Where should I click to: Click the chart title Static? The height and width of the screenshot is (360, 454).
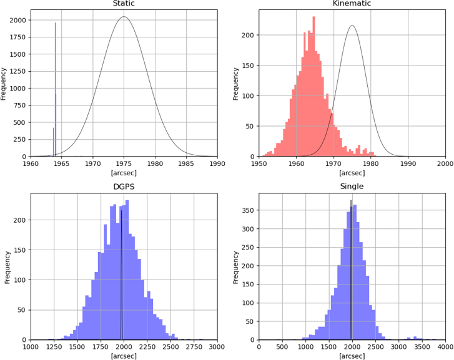124,4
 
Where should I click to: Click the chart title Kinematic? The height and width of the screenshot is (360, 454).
352,4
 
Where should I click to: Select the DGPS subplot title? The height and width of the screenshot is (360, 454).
124,187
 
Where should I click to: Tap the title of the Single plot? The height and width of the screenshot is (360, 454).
352,187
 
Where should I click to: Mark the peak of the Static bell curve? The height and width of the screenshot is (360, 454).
124,17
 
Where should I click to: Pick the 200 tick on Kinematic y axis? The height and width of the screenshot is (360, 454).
247,35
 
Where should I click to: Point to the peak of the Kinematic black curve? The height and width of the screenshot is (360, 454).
352,26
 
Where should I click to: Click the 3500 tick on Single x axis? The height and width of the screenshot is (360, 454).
422,347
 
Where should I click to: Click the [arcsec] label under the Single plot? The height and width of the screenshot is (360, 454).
352,356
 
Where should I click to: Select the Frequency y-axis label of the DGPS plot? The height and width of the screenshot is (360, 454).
7,266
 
